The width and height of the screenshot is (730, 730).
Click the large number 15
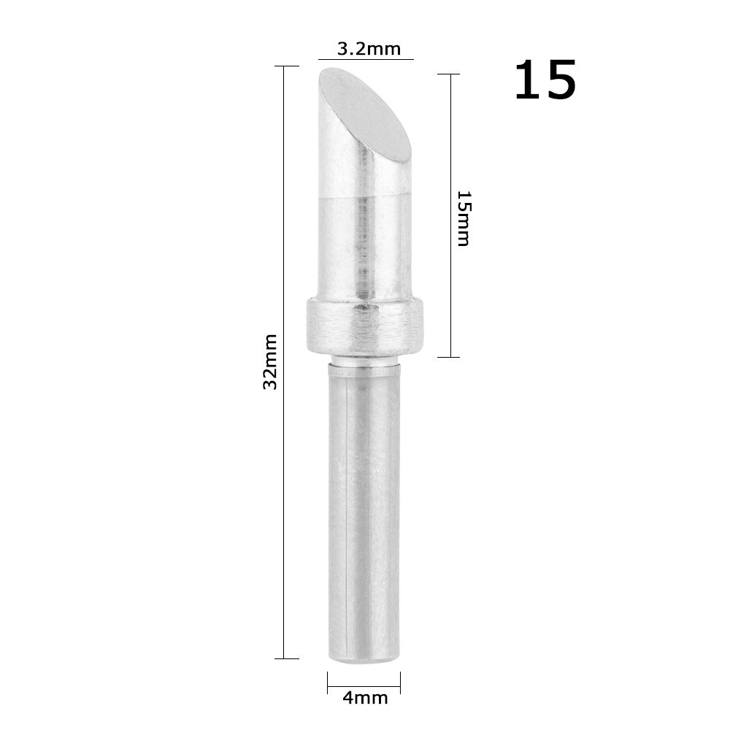click(x=545, y=80)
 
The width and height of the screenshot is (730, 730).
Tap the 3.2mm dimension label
click(x=369, y=50)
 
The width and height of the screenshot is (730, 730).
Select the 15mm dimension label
click(x=464, y=218)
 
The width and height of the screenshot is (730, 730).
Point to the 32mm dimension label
click(x=271, y=361)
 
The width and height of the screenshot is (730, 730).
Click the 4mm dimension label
click(x=364, y=698)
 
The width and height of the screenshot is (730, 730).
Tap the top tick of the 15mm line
click(x=450, y=74)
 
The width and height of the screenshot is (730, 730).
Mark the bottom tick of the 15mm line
click(x=450, y=357)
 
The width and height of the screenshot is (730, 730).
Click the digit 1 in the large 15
click(x=528, y=80)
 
